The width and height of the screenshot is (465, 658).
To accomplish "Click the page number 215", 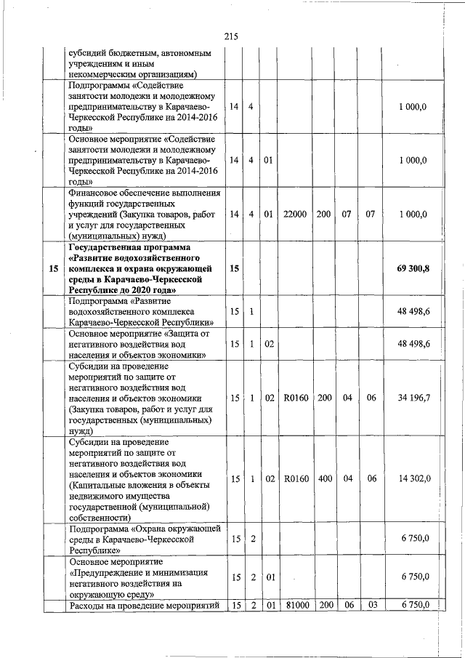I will tap(232, 36).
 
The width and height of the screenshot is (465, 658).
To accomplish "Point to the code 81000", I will tap(294, 606).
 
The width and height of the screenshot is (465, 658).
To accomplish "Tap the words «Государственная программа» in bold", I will tap(131, 247).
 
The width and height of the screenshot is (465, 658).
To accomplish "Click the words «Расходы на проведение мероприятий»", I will tap(144, 606).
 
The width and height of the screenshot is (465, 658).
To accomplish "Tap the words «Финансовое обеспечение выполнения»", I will tap(144, 193).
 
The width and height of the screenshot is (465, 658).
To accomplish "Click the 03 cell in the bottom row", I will tap(371, 606).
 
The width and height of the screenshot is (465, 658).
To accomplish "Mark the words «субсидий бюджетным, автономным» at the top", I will tap(139, 53).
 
